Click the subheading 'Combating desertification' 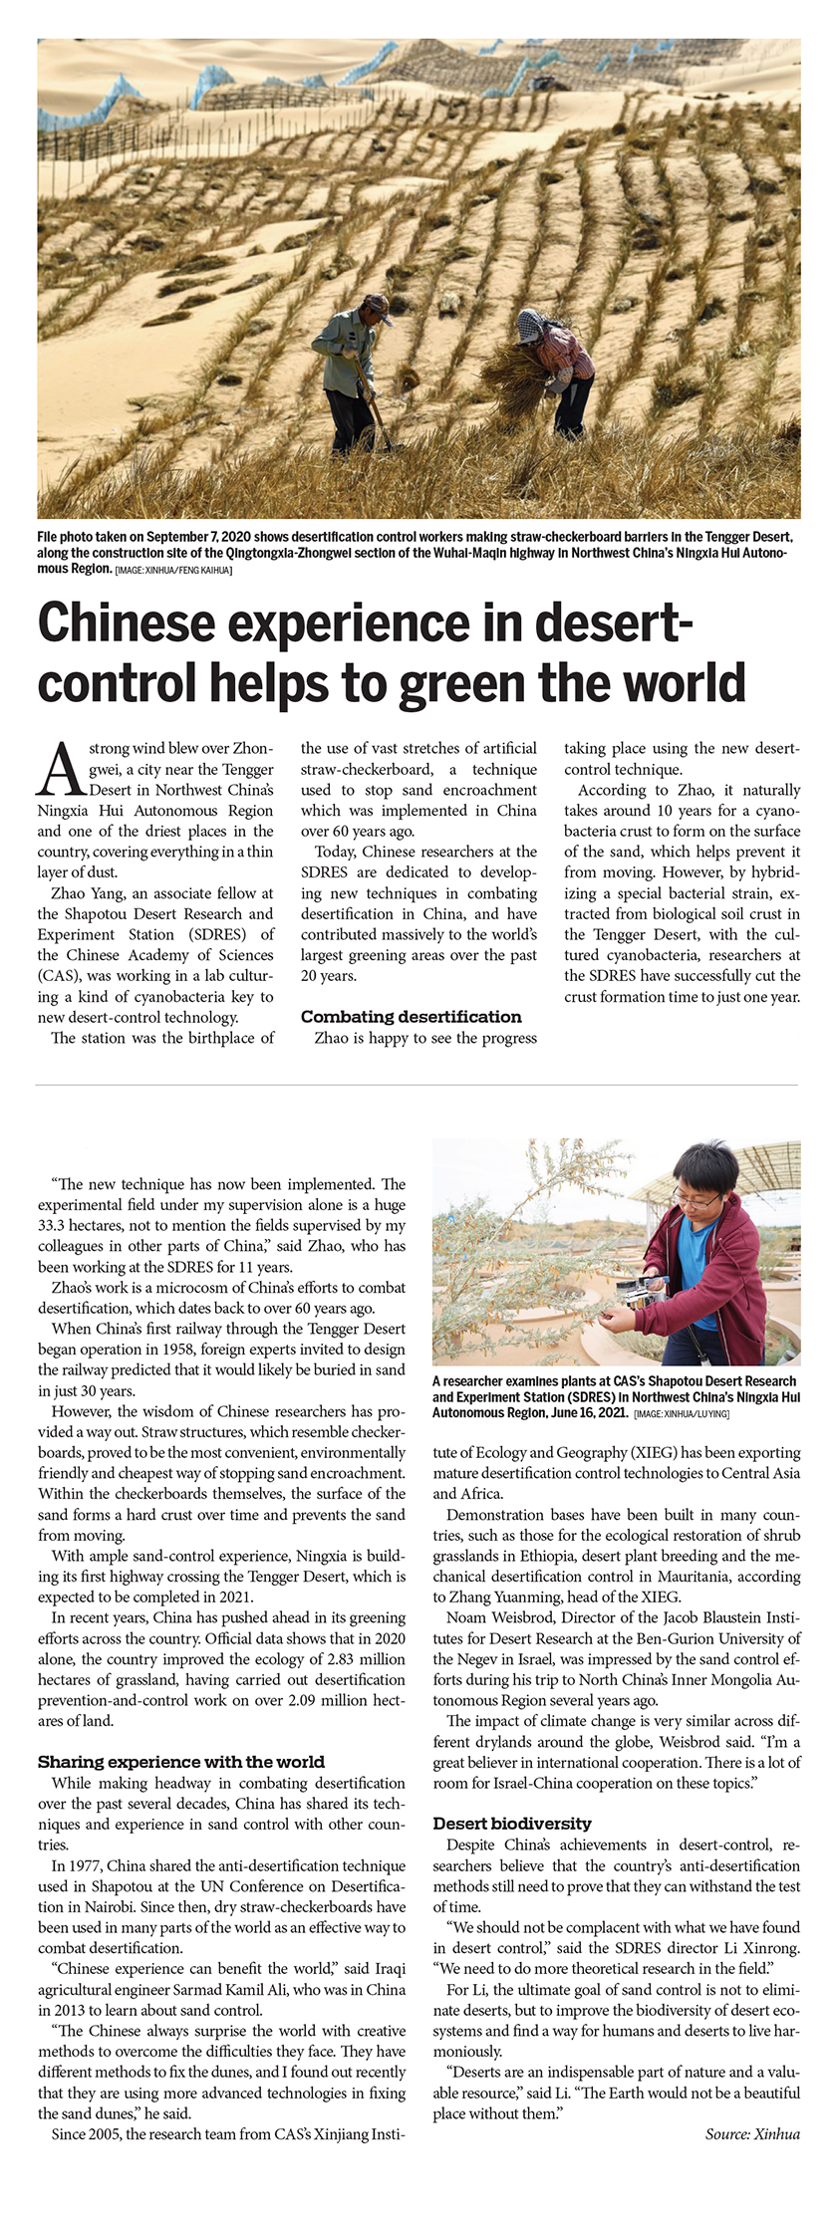[411, 1017]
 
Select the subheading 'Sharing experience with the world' [181, 1762]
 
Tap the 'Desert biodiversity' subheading [512, 1824]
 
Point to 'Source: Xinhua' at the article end [752, 2133]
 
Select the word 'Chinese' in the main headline [127, 622]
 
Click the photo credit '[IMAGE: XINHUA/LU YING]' [682, 1413]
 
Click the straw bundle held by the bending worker [510, 379]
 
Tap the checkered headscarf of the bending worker [530, 325]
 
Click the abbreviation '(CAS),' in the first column [61, 976]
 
